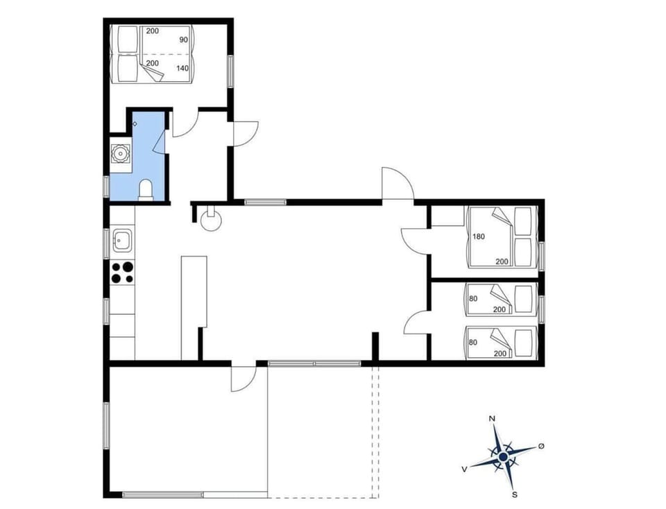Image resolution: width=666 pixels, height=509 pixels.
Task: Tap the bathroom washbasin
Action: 121,153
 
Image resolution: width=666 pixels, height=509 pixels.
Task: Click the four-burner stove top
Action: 122,272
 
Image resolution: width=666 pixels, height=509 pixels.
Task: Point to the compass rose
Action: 502,456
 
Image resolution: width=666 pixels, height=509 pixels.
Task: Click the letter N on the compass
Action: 492,419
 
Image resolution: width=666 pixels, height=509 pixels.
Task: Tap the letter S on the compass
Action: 514,494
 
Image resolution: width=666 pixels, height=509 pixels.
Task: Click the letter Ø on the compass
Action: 541,446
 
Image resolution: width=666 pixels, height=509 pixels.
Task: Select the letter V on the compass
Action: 463,469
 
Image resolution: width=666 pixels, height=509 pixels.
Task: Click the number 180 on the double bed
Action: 479,236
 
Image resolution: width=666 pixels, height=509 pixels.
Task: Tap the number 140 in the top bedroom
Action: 182,68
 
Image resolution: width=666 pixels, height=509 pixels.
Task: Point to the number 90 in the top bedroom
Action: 184,40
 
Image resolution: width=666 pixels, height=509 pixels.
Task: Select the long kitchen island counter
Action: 194,305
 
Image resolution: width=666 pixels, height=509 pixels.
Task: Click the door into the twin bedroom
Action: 415,322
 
